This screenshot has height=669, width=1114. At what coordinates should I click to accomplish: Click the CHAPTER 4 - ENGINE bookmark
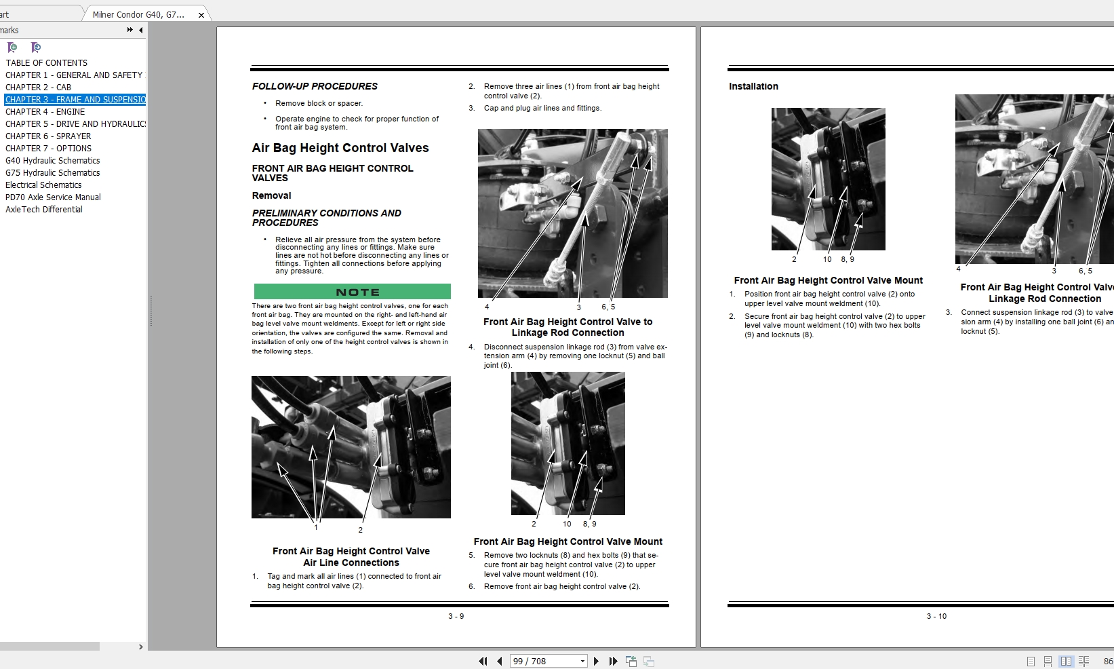coord(45,111)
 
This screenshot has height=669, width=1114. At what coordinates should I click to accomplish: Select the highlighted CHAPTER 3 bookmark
coord(75,99)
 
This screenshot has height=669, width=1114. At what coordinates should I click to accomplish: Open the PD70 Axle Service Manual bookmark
coord(53,197)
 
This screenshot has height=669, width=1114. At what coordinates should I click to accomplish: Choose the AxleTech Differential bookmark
coord(44,209)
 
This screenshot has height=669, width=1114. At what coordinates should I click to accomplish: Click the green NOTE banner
coord(352,292)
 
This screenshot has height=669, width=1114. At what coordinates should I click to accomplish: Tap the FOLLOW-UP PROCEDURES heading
coord(315,86)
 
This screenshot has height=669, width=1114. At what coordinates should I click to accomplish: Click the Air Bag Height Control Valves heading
coord(340,148)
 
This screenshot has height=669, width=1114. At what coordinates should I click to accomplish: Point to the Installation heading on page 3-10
coord(753,86)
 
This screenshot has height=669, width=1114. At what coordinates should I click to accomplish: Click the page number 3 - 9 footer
coord(456,616)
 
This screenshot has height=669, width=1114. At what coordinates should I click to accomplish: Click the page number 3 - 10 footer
coord(936,616)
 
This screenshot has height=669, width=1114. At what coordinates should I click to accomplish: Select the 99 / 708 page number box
coord(544,661)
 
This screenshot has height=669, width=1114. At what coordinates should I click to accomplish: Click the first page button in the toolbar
coord(483,661)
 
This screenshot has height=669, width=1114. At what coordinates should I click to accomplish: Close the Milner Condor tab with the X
coord(201,15)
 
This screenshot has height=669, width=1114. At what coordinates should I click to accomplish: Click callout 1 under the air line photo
coord(315,527)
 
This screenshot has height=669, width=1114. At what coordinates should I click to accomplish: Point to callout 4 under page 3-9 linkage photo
coord(487,307)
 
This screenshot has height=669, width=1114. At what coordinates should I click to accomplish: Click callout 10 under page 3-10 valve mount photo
coord(827,259)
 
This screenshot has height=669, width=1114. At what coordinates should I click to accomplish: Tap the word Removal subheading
coord(271,195)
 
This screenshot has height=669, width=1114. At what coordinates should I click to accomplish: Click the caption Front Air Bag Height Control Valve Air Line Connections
coord(351,556)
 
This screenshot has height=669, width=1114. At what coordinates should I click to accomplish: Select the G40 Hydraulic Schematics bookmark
coord(52,160)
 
